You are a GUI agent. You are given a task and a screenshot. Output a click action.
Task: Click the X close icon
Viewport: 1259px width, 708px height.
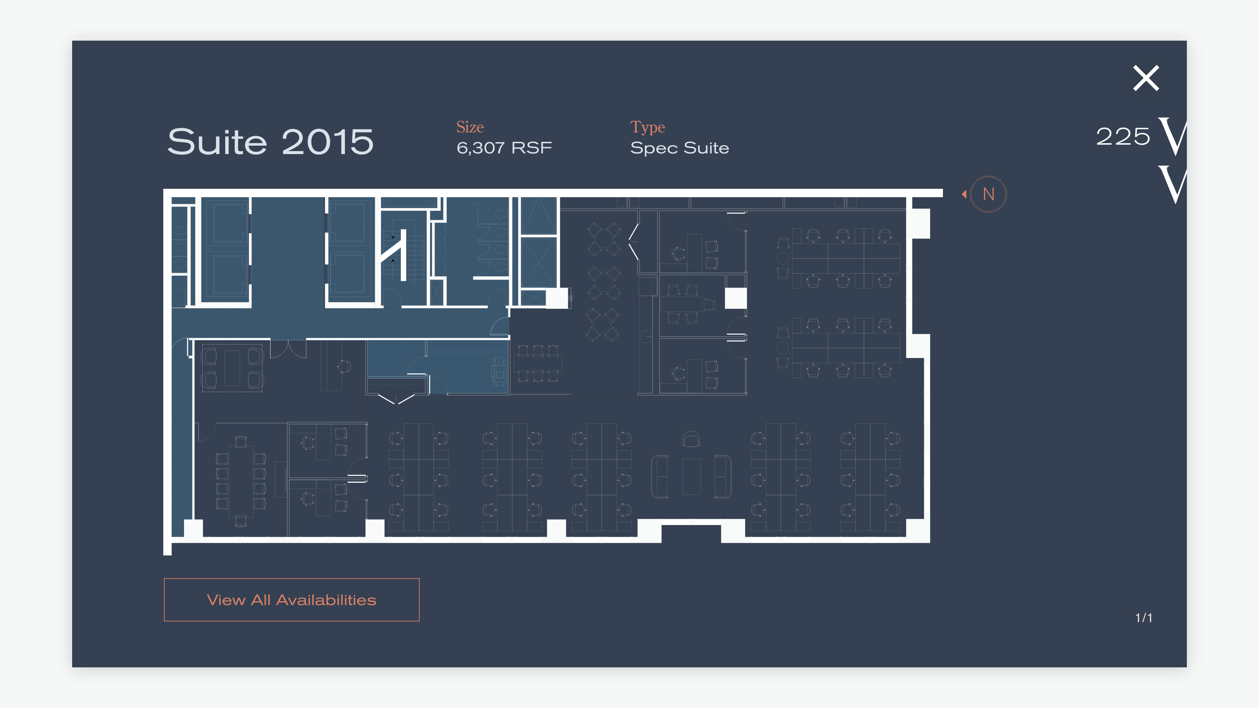(1146, 78)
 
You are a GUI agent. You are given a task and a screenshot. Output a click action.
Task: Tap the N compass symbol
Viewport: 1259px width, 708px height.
(988, 194)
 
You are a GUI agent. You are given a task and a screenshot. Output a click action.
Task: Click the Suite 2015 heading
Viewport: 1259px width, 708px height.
(270, 142)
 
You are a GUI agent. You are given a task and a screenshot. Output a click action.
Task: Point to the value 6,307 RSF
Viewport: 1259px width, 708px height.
(504, 147)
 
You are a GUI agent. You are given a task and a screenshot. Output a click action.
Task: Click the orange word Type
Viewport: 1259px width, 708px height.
(647, 127)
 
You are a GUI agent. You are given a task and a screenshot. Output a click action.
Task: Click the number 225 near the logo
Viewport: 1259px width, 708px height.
(1123, 136)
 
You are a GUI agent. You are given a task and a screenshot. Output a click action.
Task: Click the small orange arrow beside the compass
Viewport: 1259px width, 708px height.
(964, 194)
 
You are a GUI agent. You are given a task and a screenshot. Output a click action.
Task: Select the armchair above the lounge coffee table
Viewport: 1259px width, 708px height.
(690, 439)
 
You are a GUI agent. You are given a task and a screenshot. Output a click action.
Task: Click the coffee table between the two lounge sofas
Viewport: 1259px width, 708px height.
(690, 476)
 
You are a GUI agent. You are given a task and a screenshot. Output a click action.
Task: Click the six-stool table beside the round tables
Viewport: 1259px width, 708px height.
(538, 364)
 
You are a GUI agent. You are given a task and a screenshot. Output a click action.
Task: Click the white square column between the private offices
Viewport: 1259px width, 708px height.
(735, 298)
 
